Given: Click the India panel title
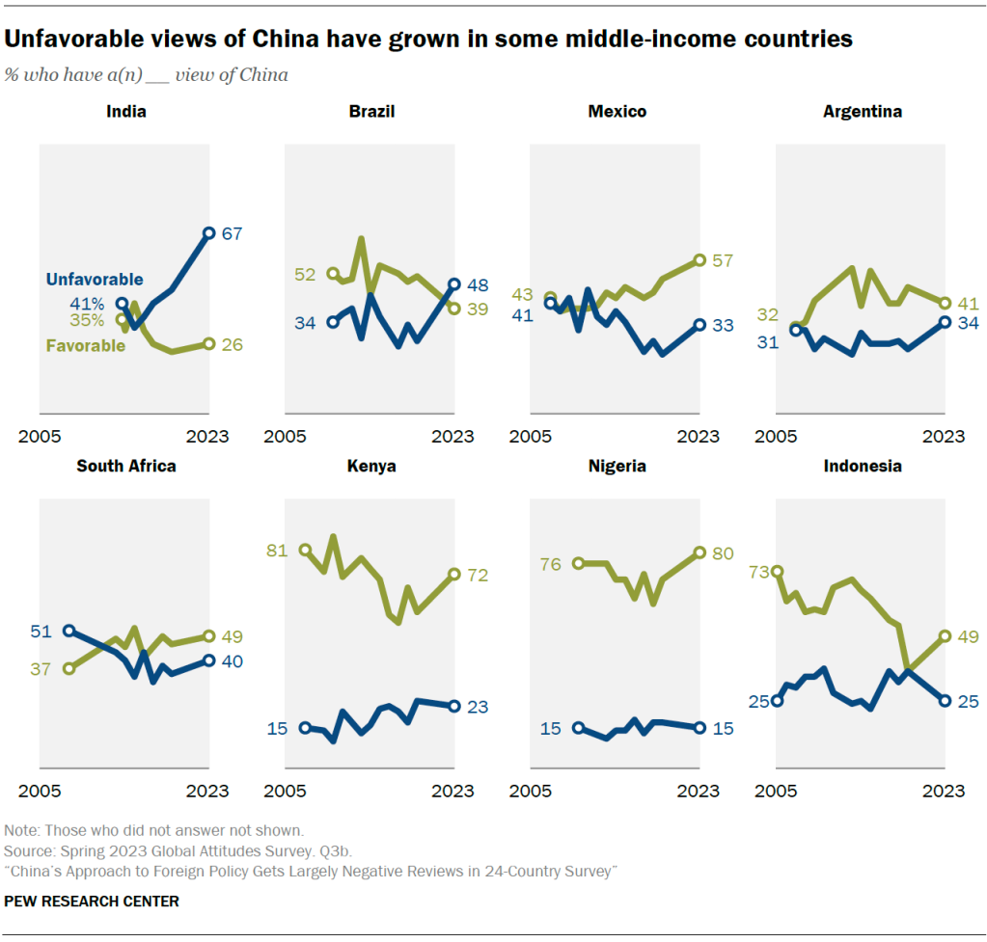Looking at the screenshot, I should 126,112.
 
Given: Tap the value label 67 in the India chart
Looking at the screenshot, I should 232,233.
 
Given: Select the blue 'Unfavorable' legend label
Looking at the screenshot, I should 95,280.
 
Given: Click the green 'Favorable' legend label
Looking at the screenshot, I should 86,345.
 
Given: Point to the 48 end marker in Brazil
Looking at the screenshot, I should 454,285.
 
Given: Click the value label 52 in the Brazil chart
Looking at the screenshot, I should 305,274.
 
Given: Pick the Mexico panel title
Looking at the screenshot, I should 617,112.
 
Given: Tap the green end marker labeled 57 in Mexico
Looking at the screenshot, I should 699,260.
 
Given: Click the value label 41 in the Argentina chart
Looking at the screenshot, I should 967,303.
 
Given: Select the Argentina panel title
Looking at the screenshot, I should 862,112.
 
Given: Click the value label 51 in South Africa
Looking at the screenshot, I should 40,632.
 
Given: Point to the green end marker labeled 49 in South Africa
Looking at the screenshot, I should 209,636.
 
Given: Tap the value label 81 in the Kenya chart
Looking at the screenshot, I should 278,551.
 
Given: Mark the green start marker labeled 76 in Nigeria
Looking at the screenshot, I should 578,563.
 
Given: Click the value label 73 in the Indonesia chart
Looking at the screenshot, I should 758,573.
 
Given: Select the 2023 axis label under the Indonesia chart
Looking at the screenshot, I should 944,792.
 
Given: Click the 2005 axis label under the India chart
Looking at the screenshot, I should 40,437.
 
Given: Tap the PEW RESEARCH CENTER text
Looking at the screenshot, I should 92,902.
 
